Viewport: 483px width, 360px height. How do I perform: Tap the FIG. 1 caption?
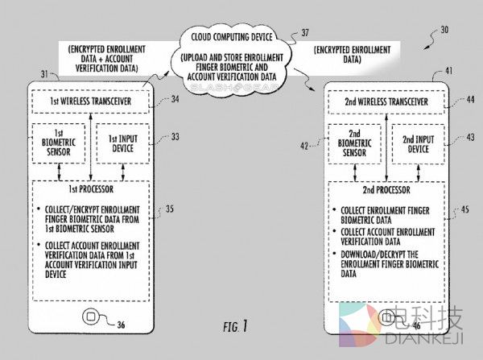tap(236, 326)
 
